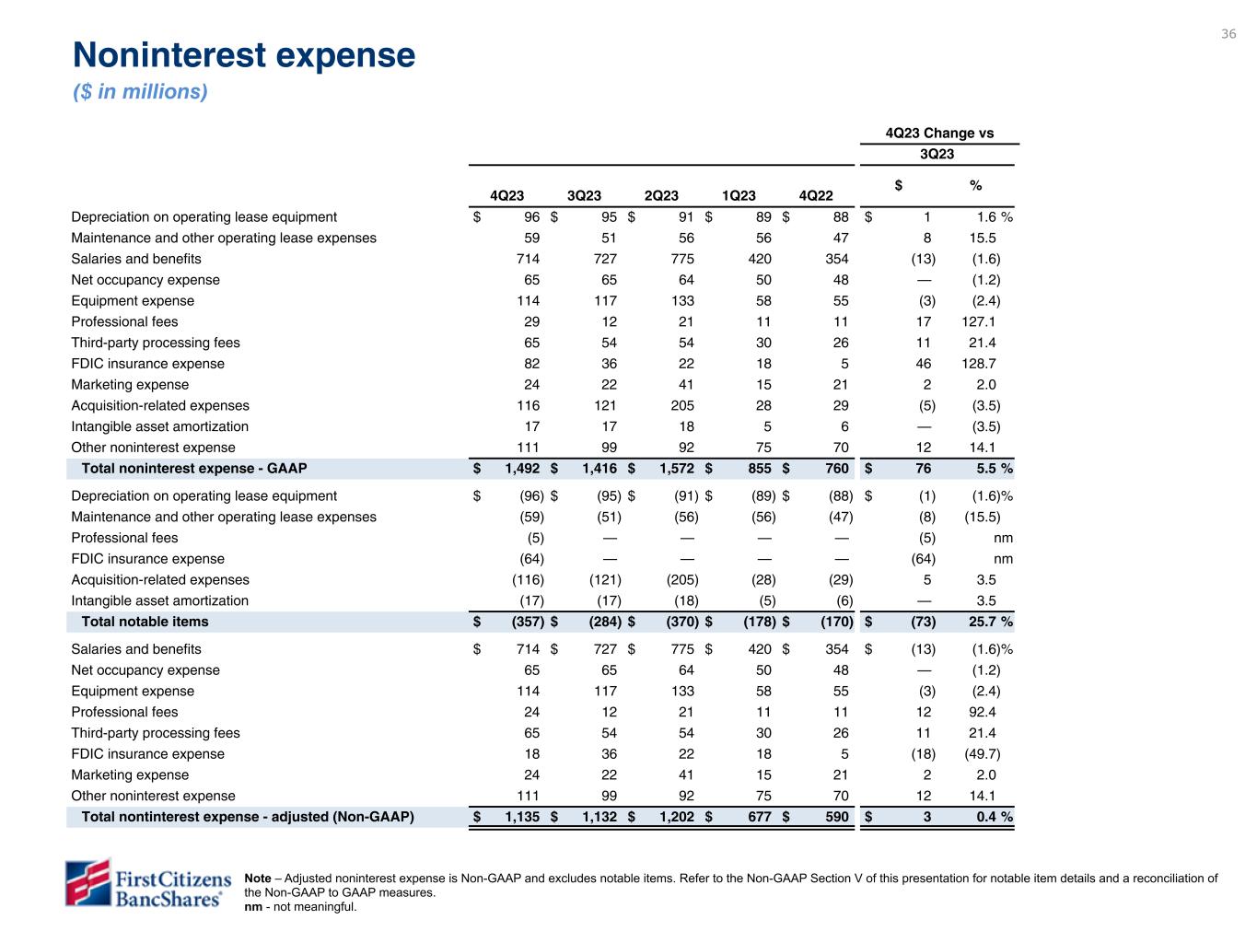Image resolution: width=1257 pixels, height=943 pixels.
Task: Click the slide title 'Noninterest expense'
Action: coord(244,56)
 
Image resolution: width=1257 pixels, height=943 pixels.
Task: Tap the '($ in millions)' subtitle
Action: coord(140,92)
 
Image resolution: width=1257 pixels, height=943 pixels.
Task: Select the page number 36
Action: coord(1228,34)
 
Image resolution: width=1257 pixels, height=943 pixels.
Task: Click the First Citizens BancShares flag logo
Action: coord(87,882)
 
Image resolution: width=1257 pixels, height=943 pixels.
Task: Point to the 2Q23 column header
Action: coord(661,195)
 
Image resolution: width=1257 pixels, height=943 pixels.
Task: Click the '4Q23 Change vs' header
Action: coord(939,133)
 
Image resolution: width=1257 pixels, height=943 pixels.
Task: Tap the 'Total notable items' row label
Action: coord(145,622)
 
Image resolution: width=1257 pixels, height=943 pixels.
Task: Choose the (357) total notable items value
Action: coord(528,622)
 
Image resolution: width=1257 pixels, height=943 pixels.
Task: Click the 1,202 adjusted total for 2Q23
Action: coord(676,817)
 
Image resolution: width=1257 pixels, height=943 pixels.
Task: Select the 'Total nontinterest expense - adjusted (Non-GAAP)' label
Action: coord(248,817)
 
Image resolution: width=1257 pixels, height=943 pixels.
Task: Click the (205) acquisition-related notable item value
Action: coord(681,580)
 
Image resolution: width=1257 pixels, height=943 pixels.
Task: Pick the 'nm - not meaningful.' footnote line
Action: coord(300,907)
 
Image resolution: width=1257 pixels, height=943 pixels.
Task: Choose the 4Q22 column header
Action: coord(816,195)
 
